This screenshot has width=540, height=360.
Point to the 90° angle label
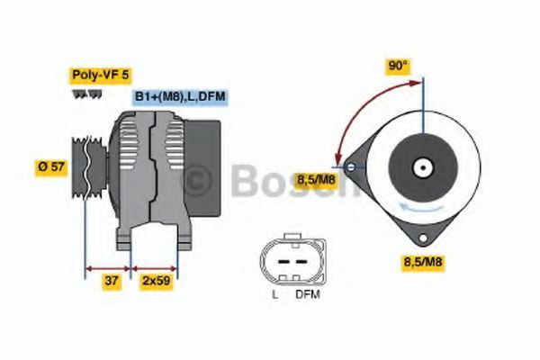click(398, 66)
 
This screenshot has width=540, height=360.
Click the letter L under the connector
click(274, 295)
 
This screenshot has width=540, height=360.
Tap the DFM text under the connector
click(307, 295)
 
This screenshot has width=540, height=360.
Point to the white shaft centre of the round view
click(421, 167)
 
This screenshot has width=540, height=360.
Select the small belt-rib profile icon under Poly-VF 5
click(79, 93)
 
